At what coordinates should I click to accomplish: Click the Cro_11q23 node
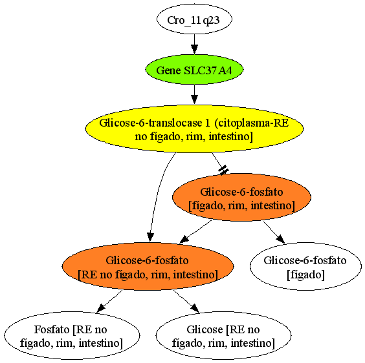[194, 19]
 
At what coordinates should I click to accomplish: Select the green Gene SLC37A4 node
[194, 70]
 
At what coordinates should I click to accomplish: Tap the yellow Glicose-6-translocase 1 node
[194, 129]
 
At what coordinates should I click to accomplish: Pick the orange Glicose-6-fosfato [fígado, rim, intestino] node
[241, 197]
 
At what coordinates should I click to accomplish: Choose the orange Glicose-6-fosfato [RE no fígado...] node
[148, 266]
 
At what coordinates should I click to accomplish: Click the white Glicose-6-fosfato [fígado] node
[305, 266]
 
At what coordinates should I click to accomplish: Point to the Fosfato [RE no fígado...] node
[72, 335]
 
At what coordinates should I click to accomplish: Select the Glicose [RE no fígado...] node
[223, 335]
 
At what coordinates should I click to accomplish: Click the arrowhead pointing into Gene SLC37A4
[194, 49]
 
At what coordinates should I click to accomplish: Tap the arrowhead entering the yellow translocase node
[194, 99]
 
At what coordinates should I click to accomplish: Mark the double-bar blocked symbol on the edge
[223, 170]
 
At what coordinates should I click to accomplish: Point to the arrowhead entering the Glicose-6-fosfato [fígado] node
[280, 239]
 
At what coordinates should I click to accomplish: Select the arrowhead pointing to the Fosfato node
[101, 307]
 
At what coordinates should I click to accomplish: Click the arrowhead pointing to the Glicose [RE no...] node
[195, 307]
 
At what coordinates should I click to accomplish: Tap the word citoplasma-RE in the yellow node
[251, 123]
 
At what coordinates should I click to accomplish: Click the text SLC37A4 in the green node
[208, 70]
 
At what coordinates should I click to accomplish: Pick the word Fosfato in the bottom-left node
[52, 329]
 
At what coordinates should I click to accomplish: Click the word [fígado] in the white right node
[305, 275]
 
